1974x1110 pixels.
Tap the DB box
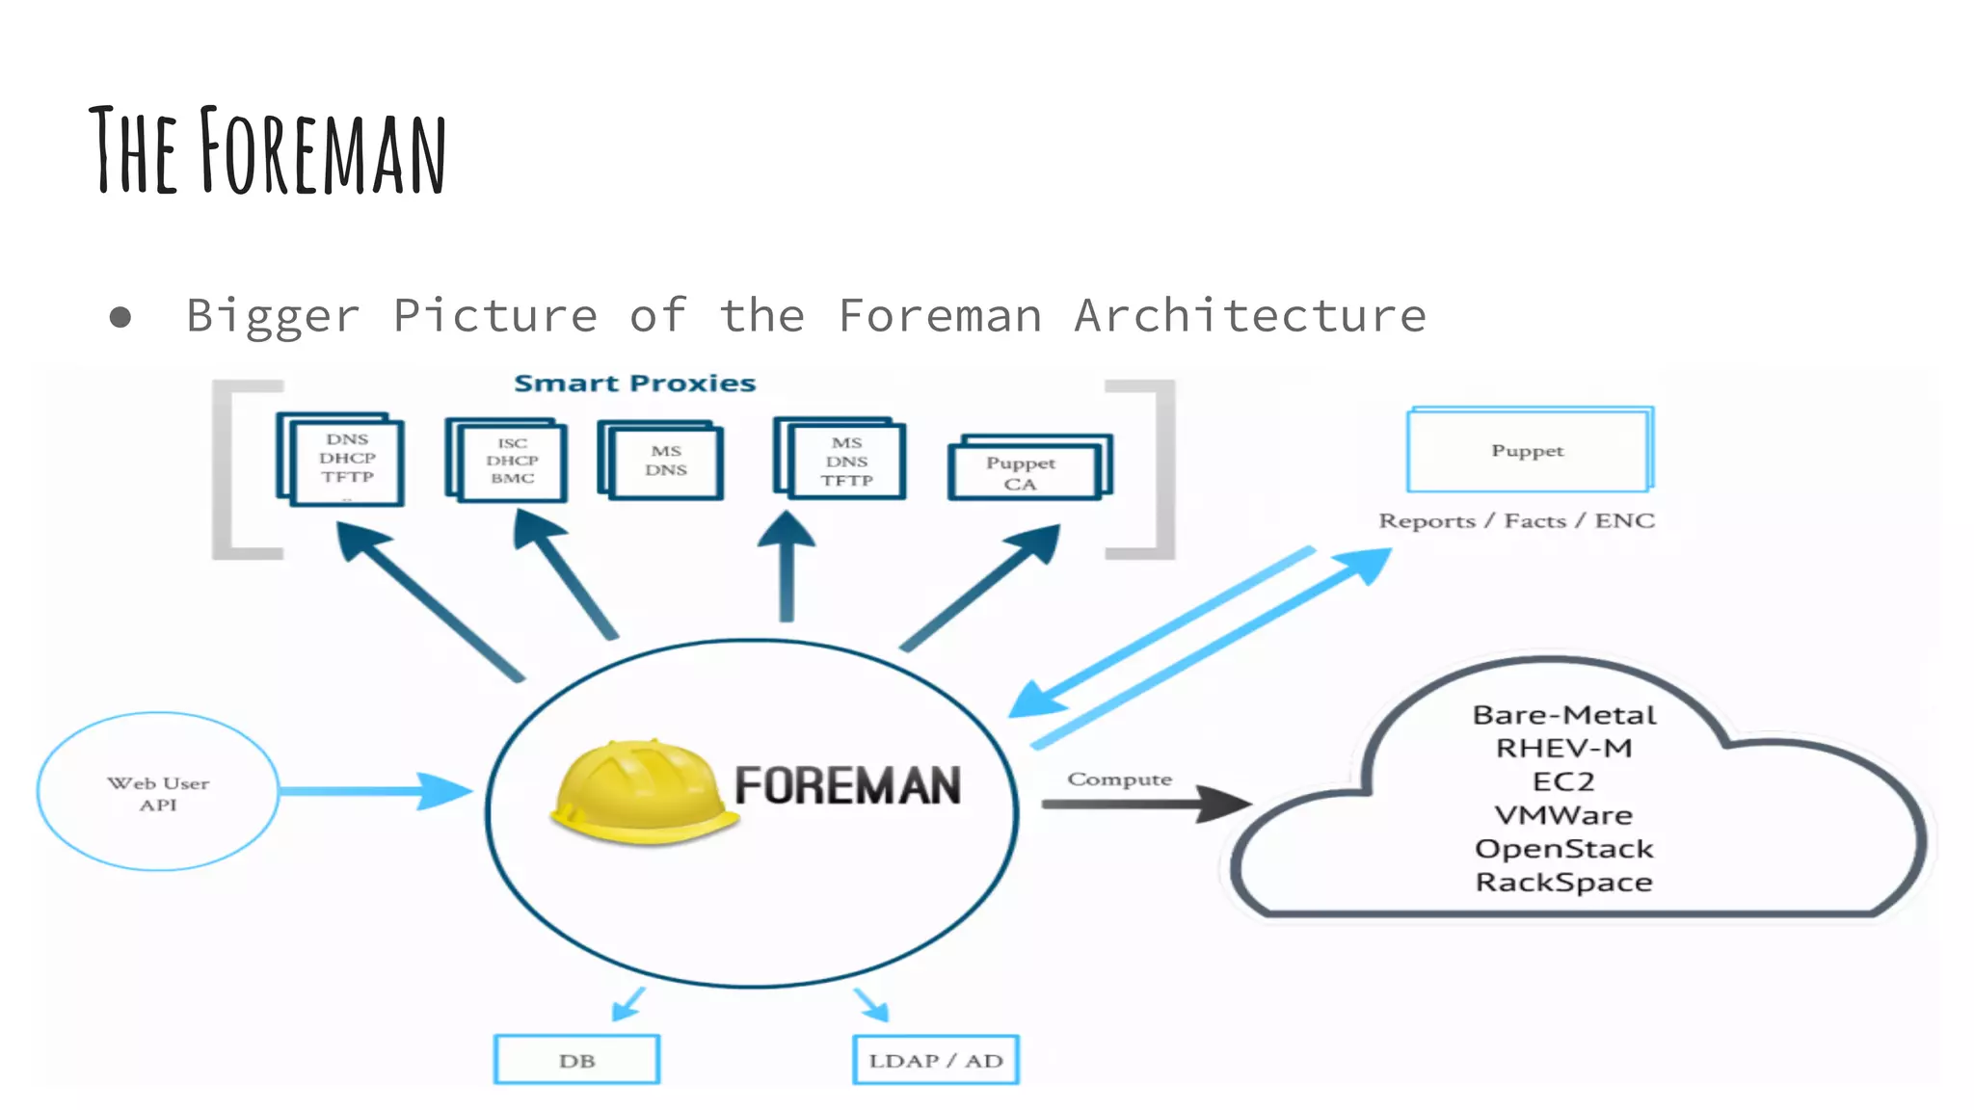(x=576, y=1060)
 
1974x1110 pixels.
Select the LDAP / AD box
(x=935, y=1060)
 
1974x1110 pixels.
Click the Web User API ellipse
(x=158, y=792)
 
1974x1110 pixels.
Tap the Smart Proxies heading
(x=634, y=383)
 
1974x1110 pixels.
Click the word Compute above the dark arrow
(x=1119, y=779)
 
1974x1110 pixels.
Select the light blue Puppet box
(x=1529, y=450)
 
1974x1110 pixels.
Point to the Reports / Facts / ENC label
(x=1516, y=520)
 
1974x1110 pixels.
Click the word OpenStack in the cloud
(x=1563, y=849)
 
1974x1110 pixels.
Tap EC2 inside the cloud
(x=1563, y=781)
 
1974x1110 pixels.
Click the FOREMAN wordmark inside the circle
(x=847, y=785)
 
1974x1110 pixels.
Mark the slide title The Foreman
(x=268, y=152)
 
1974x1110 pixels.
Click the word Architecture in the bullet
(x=1250, y=316)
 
